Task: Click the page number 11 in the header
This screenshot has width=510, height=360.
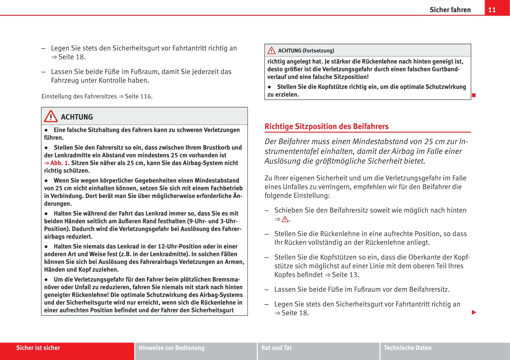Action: pyautogui.click(x=492, y=10)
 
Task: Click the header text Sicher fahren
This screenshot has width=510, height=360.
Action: pyautogui.click(x=450, y=10)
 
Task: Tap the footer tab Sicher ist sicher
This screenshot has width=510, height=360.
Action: pyautogui.click(x=38, y=348)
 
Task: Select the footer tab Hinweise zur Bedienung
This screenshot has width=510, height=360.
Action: pyautogui.click(x=171, y=348)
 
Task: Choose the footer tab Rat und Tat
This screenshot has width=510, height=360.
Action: pyautogui.click(x=277, y=348)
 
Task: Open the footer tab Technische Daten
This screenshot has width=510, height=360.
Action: pyautogui.click(x=408, y=348)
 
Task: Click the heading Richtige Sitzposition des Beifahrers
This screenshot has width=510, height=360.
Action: pyautogui.click(x=326, y=126)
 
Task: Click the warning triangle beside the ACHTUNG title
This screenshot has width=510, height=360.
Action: pyautogui.click(x=51, y=117)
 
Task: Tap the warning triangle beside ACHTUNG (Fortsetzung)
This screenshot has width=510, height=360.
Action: pyautogui.click(x=271, y=51)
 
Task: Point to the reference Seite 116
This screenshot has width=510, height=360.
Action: pyautogui.click(x=138, y=96)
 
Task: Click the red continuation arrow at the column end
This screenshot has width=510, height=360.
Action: pyautogui.click(x=474, y=313)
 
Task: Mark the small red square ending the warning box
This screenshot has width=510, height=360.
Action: pyautogui.click(x=474, y=95)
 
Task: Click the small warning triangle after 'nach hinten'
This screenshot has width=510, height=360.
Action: pyautogui.click(x=285, y=219)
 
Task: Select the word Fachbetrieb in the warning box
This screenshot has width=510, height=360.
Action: pyautogui.click(x=225, y=188)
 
